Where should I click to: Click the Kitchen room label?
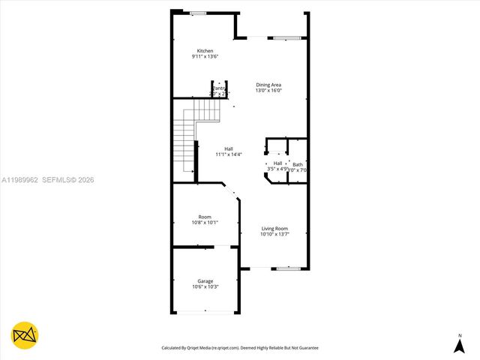click(205, 51)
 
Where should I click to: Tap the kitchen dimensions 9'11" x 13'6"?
click(205, 57)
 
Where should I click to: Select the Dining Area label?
click(268, 85)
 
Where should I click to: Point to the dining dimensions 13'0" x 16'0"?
click(268, 91)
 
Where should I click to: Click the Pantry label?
click(219, 88)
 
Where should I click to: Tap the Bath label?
click(298, 164)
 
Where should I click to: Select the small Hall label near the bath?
click(277, 163)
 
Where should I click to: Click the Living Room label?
click(274, 229)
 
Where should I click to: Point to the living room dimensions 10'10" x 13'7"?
click(274, 235)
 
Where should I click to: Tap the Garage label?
click(205, 281)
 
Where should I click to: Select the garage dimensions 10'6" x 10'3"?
click(205, 287)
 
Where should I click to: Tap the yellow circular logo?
click(25, 335)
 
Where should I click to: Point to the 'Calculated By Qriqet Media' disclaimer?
click(240, 348)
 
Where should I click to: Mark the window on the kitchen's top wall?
click(198, 13)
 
